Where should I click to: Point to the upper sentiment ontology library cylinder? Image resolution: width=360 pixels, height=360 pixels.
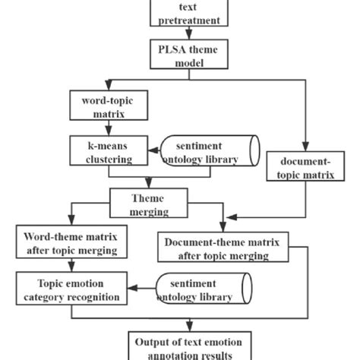pos(209,151)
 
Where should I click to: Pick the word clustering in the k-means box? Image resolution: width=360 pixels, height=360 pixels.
pos(106,159)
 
